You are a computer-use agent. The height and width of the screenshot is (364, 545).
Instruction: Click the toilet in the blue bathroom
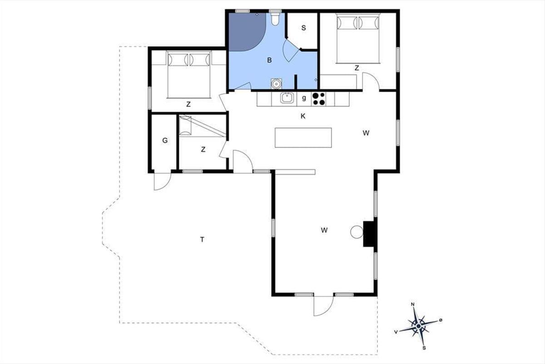coord(275,19)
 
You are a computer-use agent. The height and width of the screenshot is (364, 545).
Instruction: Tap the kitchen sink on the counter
coord(287,98)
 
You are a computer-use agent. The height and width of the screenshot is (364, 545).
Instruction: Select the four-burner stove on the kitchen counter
coord(319,99)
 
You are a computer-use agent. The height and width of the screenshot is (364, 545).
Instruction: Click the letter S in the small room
coord(303,28)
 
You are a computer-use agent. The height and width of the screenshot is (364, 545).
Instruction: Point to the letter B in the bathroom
coord(269,60)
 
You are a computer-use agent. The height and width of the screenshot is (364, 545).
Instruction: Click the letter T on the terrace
coord(202,240)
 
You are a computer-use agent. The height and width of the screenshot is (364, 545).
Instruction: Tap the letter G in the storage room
coord(165,141)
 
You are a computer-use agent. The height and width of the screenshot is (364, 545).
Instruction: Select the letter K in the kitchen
coord(303,116)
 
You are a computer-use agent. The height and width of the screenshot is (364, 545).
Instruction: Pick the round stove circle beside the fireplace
coord(357,232)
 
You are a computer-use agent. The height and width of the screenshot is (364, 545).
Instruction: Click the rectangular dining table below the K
coord(303,137)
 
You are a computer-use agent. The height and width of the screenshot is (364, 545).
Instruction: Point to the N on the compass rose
coord(412,304)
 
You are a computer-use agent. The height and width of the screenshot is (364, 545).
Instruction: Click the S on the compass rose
coord(424,348)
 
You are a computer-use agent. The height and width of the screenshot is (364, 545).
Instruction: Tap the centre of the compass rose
coord(418,326)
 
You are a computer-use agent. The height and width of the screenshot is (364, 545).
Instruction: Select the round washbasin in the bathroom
coord(276,84)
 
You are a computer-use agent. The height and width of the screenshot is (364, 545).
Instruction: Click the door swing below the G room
coord(163,182)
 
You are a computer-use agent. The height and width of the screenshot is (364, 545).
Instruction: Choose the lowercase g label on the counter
coord(304,98)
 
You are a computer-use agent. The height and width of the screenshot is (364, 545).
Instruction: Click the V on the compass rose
coord(396,332)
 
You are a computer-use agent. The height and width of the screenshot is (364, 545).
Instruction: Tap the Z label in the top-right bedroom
coord(357,68)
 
